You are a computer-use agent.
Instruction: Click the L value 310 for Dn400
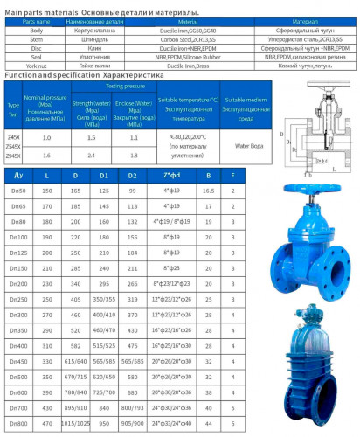click(x=46, y=345)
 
